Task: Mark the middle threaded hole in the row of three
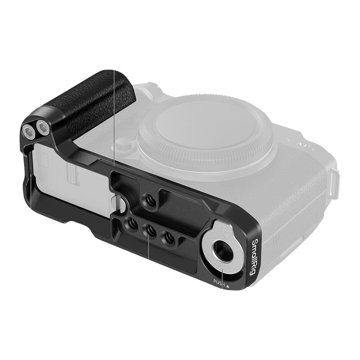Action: click(x=149, y=229)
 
